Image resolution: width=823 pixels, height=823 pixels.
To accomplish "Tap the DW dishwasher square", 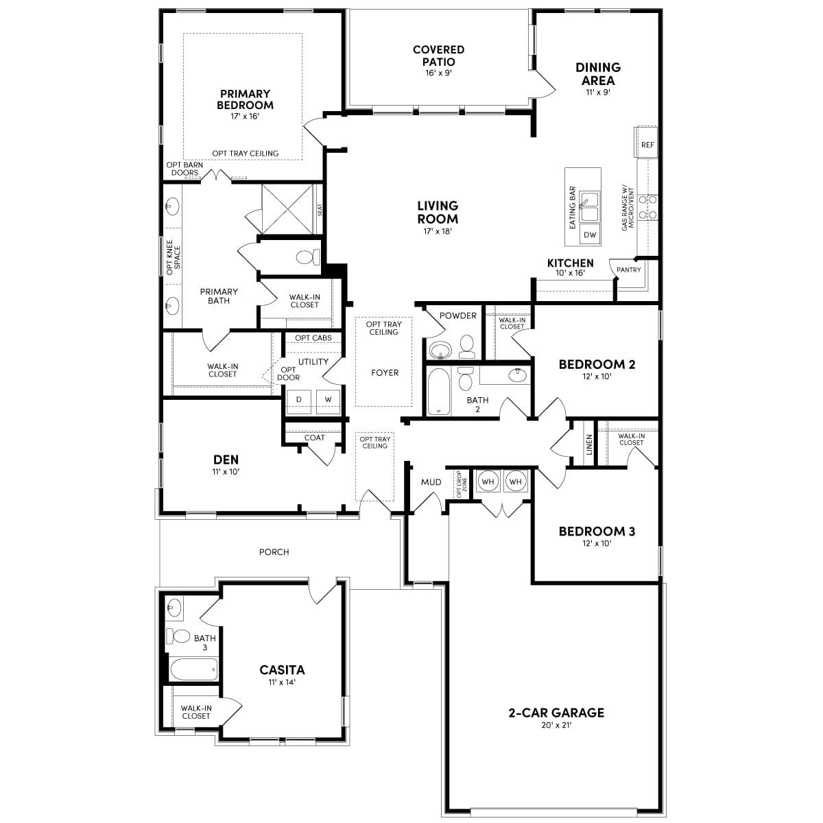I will coord(590,235).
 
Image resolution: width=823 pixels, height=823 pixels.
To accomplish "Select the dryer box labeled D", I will coord(299,399).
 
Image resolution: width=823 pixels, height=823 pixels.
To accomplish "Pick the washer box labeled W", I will coord(328,399).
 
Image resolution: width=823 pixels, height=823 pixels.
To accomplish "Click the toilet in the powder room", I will coord(467,347).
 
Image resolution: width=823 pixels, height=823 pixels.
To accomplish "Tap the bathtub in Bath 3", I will coord(194,669).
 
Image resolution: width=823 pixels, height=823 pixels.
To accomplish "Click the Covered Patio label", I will coord(438,56).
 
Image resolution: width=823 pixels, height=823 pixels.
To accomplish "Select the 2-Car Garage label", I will coord(556,713).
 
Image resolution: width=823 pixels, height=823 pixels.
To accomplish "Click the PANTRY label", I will coord(628,270).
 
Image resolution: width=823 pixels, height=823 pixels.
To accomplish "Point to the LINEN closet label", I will coord(589,444).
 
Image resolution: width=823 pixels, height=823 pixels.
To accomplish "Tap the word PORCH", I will coord(274,551).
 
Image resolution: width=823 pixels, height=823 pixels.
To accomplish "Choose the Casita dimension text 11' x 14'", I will coord(282,682).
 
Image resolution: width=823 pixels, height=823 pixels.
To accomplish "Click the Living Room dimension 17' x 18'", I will coord(438,231).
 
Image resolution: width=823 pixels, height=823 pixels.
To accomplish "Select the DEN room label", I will coord(226,460).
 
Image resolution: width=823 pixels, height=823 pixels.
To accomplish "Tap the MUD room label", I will coord(431,482).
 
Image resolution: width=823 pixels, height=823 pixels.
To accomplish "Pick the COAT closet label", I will coord(315,438).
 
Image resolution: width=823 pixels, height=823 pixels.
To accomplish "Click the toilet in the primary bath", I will coord(307,257).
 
